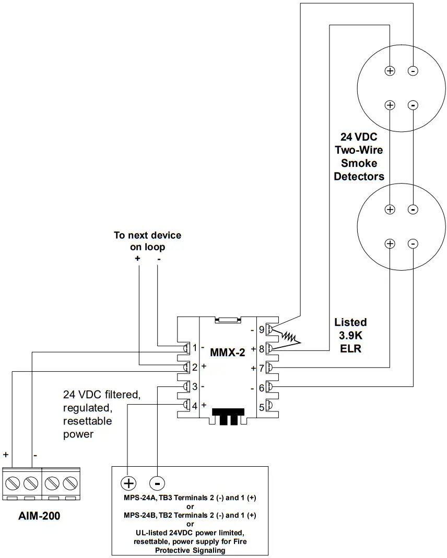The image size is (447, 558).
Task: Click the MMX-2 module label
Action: point(227,352)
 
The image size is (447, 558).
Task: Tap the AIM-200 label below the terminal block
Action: point(39,516)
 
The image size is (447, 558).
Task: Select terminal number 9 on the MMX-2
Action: point(262,329)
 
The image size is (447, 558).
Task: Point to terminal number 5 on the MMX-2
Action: point(262,406)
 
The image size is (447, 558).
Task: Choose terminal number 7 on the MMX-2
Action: point(262,368)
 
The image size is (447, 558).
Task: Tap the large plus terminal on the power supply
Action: point(128,482)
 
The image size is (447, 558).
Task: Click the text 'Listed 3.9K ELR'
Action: point(350,335)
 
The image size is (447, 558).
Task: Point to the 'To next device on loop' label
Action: point(148,241)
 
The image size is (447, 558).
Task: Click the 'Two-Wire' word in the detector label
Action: point(359,150)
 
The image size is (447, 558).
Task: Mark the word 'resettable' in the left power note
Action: point(88,420)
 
